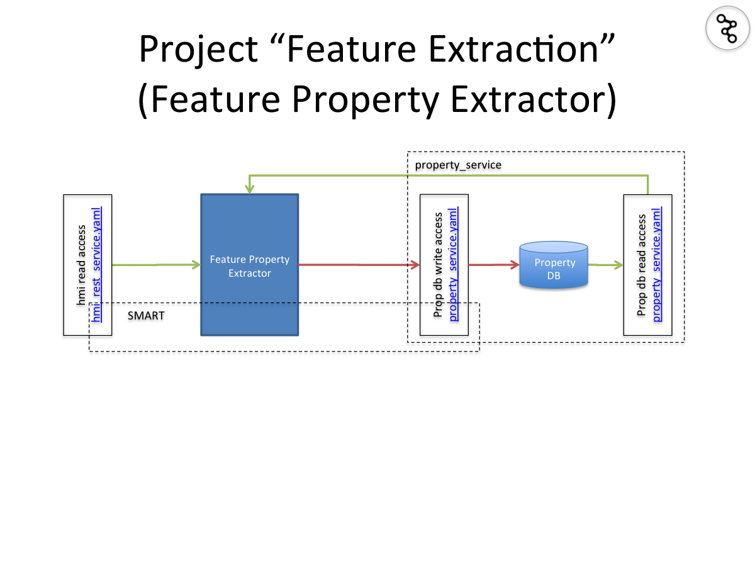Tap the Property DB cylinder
pyautogui.click(x=554, y=267)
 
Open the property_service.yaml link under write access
pyautogui.click(x=454, y=264)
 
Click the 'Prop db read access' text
pyautogui.click(x=642, y=264)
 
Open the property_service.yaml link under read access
pyautogui.click(x=657, y=264)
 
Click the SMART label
pyautogui.click(x=146, y=316)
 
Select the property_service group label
pyautogui.click(x=458, y=165)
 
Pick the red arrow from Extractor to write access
pyautogui.click(x=359, y=265)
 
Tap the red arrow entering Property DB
pyautogui.click(x=494, y=265)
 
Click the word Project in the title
pyautogui.click(x=198, y=48)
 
